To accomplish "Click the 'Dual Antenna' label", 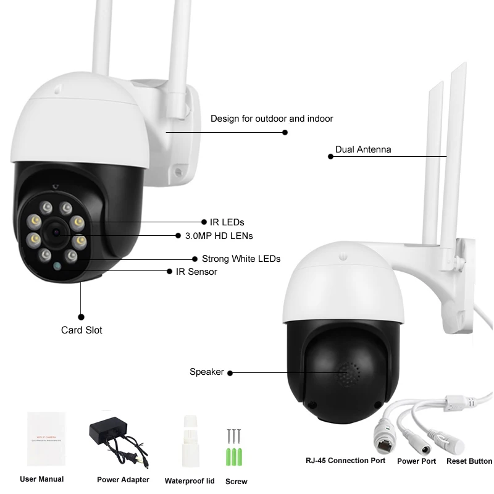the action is point(363,149).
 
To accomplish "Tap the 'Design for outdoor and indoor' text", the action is point(272,119).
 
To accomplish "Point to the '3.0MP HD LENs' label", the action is point(219,235).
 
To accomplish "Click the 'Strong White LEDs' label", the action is point(241,259).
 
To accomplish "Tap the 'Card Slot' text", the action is point(82,330).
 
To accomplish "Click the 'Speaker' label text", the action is point(206,372).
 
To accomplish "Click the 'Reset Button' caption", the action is point(469,461).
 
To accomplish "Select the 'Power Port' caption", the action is point(416,461).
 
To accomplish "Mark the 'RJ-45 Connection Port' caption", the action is point(346,461).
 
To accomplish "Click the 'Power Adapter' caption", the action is point(123,480).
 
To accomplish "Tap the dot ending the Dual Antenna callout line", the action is point(330,157).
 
